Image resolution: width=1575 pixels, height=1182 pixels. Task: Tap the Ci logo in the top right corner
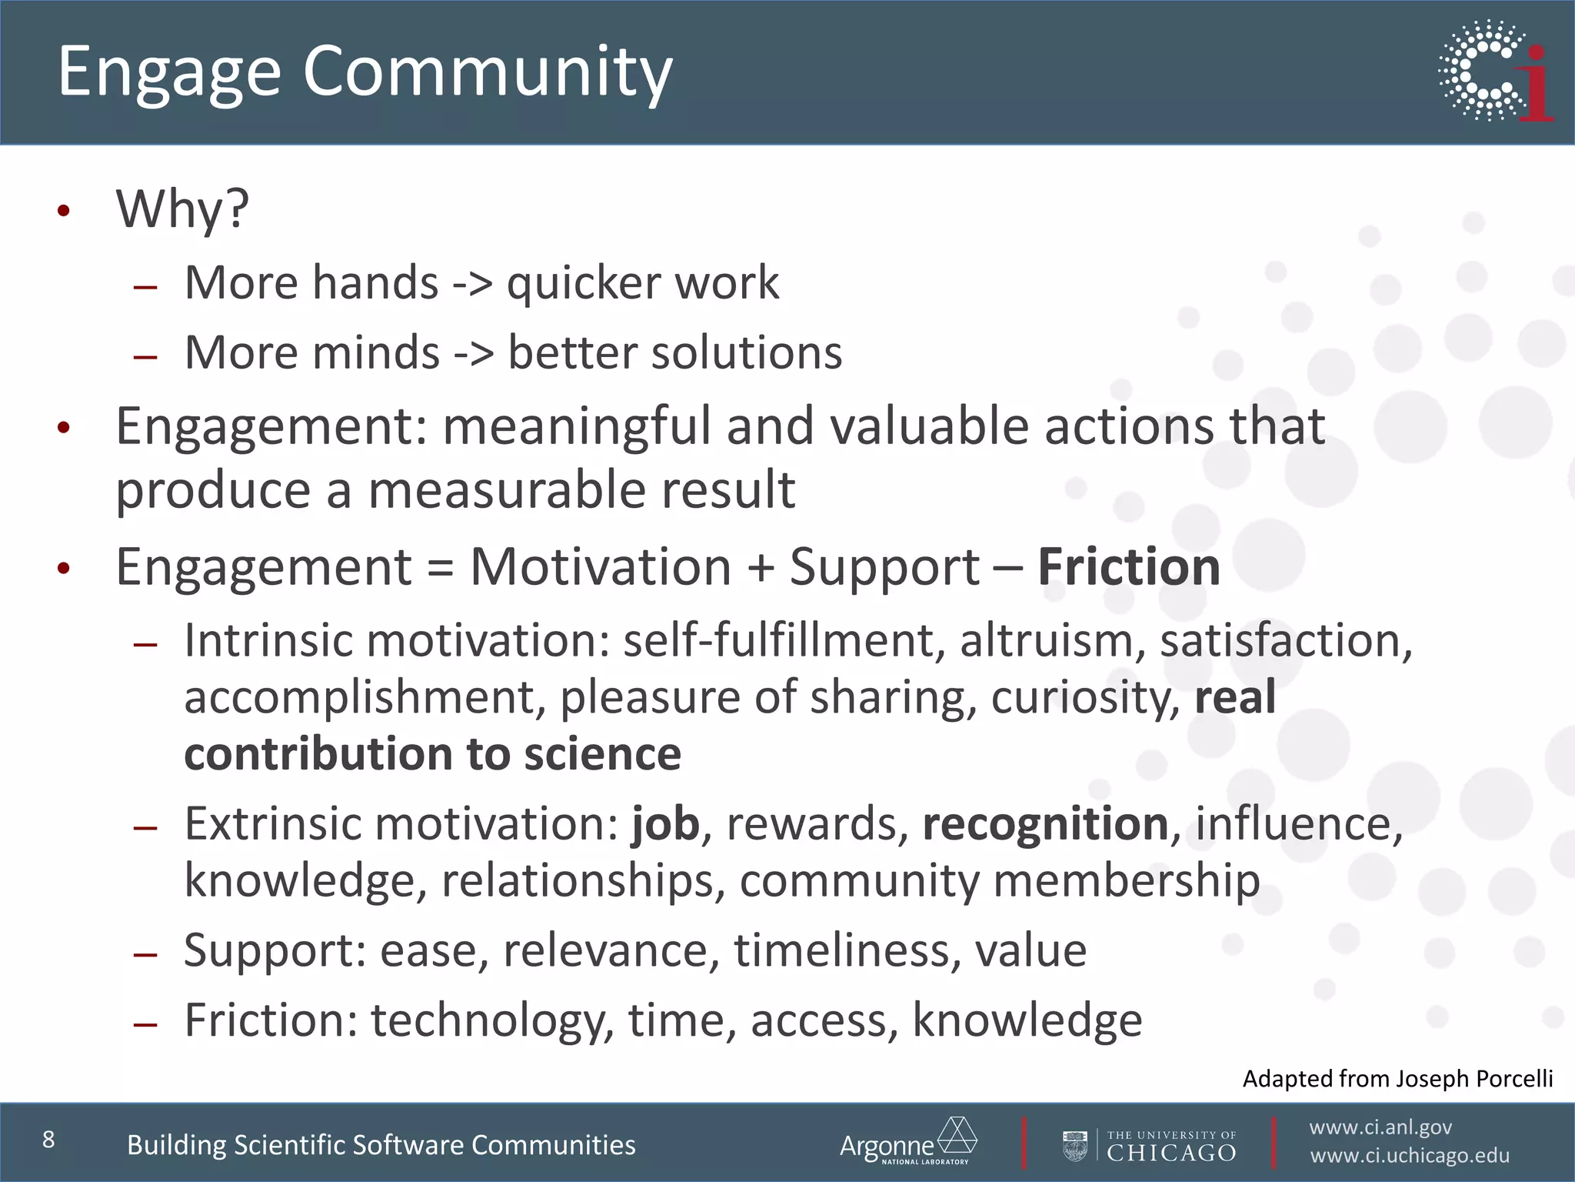1495,71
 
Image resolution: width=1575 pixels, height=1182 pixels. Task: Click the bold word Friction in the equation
1128,567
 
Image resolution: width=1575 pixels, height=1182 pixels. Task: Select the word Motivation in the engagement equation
600,567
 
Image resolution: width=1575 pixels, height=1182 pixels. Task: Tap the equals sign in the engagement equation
440,569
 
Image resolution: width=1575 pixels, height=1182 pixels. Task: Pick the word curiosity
1084,697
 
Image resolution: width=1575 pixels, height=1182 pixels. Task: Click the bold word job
665,824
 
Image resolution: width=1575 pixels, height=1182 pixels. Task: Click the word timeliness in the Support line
847,950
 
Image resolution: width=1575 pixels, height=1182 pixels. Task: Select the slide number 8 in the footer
48,1140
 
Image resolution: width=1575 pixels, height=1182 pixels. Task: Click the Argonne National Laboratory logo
907,1143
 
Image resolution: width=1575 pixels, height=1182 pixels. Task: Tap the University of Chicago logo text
1170,1147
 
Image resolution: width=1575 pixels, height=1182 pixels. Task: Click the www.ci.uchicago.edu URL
1409,1156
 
